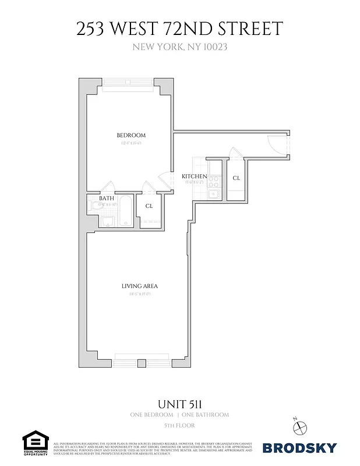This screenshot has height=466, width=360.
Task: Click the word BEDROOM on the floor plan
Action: [x=130, y=136]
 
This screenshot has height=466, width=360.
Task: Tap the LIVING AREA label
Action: [x=139, y=286]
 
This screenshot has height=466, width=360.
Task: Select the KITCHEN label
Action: [x=194, y=176]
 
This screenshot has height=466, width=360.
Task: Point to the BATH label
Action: [x=106, y=199]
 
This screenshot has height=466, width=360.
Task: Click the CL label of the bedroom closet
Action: [x=149, y=206]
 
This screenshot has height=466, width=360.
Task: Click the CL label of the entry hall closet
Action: [x=236, y=178]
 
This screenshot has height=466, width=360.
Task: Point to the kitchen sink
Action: [x=214, y=194]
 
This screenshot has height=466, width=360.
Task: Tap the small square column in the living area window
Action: [x=140, y=363]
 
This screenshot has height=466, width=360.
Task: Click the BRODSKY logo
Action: [x=299, y=447]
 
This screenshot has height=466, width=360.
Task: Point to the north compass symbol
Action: [x=300, y=426]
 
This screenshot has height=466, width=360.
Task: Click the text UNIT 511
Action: [x=179, y=403]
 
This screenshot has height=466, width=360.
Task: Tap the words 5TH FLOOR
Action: [x=179, y=426]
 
